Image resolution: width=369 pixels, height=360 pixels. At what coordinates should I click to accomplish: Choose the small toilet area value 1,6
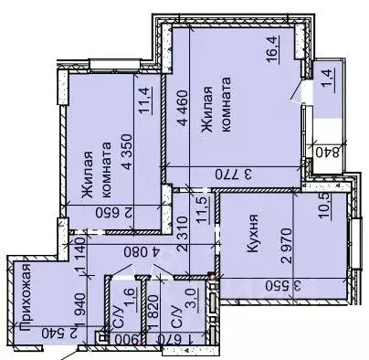click(x=130, y=297)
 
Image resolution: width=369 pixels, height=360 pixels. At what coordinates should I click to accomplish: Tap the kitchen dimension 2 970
click(x=286, y=246)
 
